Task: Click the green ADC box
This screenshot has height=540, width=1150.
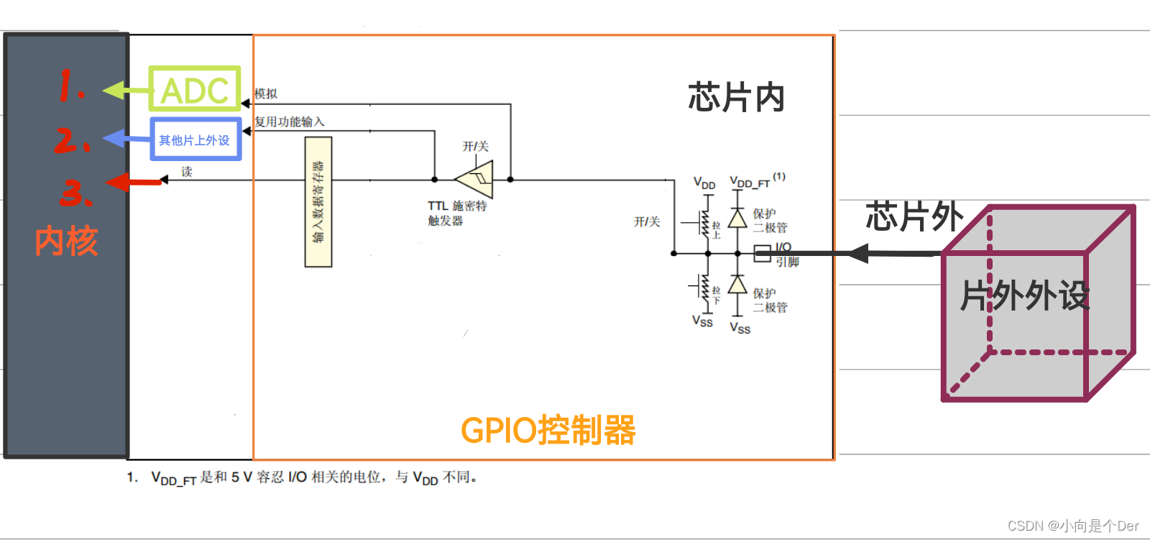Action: pos(194,89)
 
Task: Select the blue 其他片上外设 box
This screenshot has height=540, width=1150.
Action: pos(195,139)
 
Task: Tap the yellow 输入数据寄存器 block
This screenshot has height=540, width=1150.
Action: pos(318,202)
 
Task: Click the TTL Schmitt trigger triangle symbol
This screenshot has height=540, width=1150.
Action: pos(476,179)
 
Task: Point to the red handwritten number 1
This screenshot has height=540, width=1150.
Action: pos(70,86)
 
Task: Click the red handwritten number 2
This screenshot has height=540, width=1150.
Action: pos(72,139)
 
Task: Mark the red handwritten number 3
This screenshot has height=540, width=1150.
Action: pos(75,193)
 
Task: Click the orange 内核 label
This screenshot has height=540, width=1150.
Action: pos(66,241)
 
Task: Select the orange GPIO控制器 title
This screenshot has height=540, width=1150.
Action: pos(548,431)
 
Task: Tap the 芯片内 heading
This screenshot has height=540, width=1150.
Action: pos(736,97)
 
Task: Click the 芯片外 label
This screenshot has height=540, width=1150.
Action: pos(914,216)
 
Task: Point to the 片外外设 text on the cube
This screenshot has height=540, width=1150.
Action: pos(1025,296)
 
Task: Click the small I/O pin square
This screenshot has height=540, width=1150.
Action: pos(762,253)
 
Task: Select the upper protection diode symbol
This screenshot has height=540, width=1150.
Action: pos(737,218)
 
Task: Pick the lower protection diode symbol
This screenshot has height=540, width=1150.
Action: pos(737,284)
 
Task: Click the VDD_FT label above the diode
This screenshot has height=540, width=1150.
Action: pos(750,183)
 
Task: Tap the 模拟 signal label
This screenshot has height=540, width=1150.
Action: pos(266,93)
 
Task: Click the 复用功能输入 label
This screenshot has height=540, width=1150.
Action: pos(290,122)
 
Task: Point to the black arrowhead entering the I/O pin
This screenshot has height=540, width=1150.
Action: pos(858,253)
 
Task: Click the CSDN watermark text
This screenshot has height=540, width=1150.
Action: pos(1072,526)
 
